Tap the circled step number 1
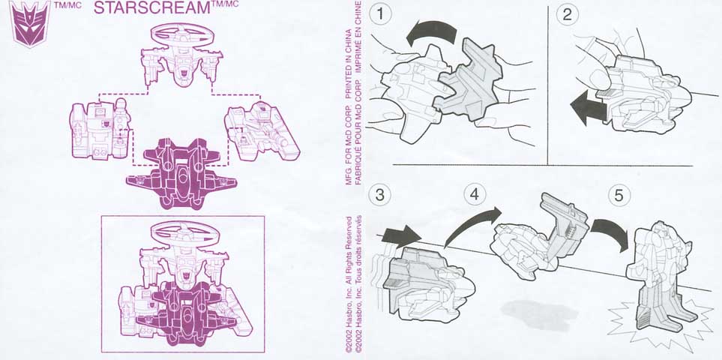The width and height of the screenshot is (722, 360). click(x=380, y=14)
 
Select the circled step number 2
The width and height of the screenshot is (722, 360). click(x=568, y=14)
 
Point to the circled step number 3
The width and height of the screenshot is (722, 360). click(x=380, y=195)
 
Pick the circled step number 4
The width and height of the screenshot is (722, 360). click(x=475, y=195)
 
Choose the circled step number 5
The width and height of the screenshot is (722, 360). click(x=619, y=195)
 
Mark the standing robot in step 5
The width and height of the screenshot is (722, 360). click(x=660, y=276)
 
